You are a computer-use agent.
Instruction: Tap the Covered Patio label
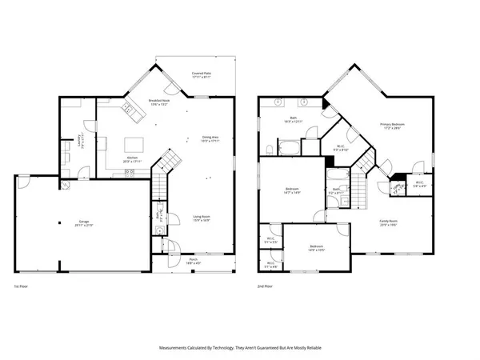(202, 75)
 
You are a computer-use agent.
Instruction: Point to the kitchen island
(132, 145)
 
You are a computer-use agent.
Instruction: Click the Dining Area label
(211, 138)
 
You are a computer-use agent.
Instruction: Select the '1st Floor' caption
(22, 286)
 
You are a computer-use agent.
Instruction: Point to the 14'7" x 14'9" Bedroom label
(293, 190)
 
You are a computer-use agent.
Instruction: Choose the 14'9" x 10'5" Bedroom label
(317, 247)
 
